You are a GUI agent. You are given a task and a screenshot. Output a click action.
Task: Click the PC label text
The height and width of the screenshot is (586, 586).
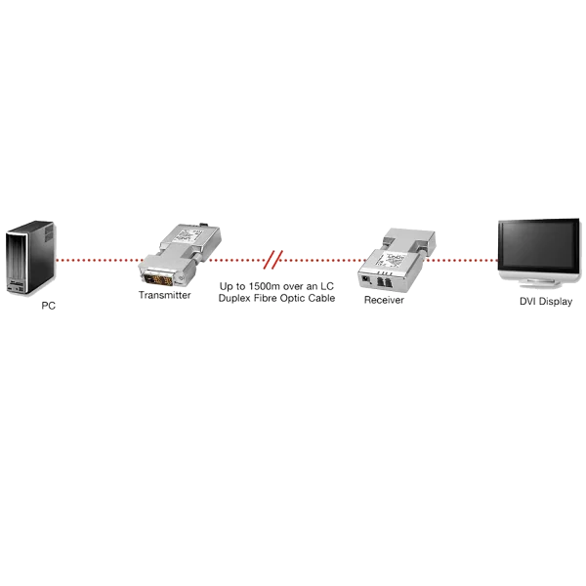tap(48, 306)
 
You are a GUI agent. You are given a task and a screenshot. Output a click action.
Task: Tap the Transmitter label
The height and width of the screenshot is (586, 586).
tap(164, 295)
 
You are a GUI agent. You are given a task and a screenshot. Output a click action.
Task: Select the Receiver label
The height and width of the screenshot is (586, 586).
tap(384, 300)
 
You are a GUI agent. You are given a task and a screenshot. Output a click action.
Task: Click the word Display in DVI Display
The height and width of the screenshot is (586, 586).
tap(556, 302)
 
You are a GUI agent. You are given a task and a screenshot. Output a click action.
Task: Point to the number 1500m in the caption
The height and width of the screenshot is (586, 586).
tap(265, 286)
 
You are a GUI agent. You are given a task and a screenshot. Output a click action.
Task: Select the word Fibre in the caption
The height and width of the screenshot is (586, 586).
tap(265, 298)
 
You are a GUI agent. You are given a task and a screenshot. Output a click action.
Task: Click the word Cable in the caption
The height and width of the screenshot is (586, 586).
tap(321, 298)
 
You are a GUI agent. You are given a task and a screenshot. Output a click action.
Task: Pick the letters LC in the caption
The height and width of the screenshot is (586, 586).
tap(326, 286)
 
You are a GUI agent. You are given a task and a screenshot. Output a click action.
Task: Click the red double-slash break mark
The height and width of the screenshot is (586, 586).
tap(273, 260)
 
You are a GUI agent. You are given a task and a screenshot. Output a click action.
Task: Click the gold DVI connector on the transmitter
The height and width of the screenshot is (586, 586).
tap(157, 278)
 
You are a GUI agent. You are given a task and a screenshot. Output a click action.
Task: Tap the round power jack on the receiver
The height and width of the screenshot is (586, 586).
tap(364, 278)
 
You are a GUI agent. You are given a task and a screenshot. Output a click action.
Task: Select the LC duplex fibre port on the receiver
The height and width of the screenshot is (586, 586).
tap(384, 281)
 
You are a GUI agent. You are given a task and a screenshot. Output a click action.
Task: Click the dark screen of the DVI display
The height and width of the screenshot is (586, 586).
tap(539, 245)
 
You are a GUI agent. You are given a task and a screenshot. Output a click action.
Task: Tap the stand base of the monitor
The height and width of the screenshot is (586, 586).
tap(540, 283)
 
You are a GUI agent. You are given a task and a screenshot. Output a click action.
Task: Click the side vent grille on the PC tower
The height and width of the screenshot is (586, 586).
tap(49, 233)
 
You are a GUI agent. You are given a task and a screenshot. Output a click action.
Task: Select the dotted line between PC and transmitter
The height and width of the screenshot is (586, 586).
tap(100, 260)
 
